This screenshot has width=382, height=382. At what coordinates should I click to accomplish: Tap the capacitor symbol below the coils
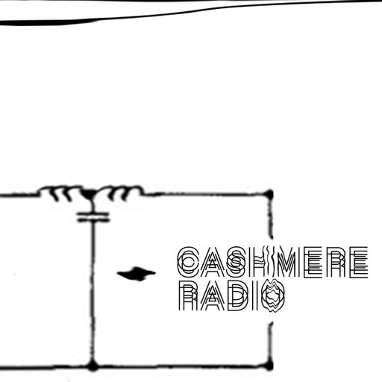coord(93,217)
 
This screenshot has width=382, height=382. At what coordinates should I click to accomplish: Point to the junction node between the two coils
coord(90,193)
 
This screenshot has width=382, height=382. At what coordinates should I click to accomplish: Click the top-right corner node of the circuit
coord(269,194)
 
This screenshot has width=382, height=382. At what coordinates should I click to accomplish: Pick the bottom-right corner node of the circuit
coord(269,366)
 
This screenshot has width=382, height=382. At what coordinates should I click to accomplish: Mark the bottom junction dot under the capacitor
coord(93,366)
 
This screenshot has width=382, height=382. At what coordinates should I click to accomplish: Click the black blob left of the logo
coord(137,274)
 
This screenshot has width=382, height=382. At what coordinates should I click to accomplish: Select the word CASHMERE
coord(272,262)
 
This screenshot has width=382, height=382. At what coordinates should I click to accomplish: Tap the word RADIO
coord(232,295)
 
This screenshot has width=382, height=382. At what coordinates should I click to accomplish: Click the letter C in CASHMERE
coord(188,262)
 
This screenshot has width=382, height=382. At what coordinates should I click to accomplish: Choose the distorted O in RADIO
coord(274,295)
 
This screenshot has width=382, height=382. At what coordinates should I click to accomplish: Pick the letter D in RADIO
coord(239,296)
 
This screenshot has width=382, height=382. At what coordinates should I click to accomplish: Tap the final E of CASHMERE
coord(359,262)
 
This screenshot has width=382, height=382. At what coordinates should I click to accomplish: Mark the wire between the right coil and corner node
coord(204,193)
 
